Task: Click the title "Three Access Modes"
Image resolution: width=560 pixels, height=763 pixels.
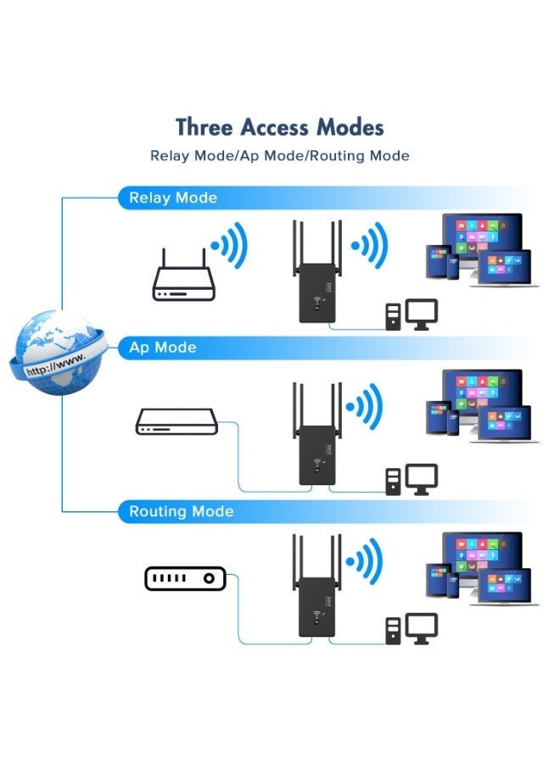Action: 279,127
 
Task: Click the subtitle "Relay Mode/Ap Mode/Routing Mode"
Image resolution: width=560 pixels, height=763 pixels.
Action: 279,156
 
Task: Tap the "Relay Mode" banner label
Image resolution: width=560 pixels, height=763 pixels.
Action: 173,198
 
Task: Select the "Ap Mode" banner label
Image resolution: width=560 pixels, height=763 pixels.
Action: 162,348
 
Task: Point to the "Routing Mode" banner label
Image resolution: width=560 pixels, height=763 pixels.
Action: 181,512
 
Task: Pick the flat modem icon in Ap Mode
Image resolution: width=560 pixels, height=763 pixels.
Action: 177,421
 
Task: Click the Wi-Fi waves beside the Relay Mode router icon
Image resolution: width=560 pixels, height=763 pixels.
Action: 228,247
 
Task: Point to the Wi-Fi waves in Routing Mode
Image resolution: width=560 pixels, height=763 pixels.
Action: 367,560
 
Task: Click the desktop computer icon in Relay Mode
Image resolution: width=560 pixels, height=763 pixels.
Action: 412,315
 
